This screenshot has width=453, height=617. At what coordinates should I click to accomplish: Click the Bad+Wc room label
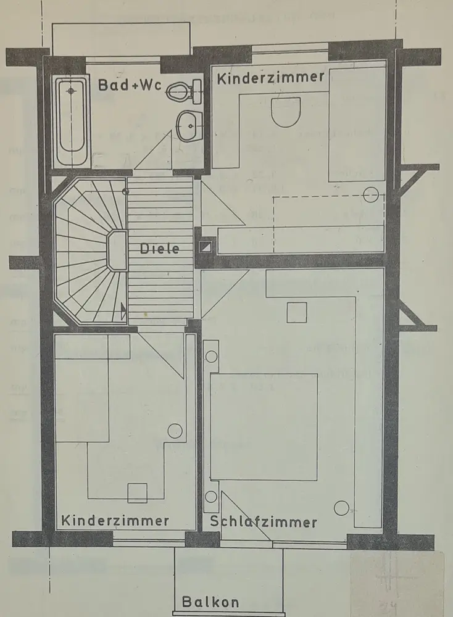[129, 86]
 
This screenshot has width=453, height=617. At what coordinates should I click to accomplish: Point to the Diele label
[159, 249]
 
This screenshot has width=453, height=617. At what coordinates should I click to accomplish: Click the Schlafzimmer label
[264, 522]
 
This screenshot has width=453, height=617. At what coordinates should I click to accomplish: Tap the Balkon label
[210, 602]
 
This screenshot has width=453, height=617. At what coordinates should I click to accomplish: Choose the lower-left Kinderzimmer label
[115, 521]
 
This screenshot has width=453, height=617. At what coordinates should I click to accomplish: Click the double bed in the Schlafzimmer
[264, 426]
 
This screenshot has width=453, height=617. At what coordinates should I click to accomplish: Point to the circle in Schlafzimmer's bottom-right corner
[341, 508]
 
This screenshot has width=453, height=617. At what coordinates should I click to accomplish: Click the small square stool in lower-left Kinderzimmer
[137, 493]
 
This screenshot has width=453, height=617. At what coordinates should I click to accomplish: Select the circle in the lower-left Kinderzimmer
[175, 431]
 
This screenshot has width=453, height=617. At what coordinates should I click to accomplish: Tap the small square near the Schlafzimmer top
[297, 312]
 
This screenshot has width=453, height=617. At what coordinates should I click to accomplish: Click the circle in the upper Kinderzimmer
[370, 195]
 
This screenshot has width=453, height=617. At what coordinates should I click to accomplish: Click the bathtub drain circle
[72, 91]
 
